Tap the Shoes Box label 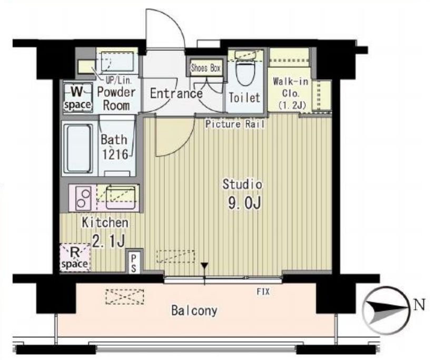205,68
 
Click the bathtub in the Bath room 78,148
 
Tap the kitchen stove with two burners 83,198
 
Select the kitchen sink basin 121,198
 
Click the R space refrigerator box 75,257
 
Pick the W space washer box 78,98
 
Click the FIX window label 263,291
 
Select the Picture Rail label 235,124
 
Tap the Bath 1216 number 115,154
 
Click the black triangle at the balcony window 204,266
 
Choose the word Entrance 176,94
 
